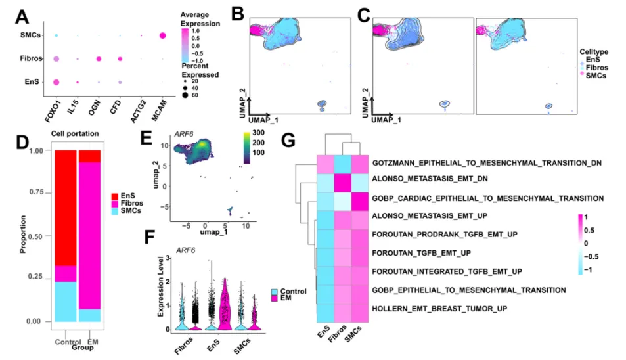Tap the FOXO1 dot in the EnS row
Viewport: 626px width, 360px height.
tap(56, 82)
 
